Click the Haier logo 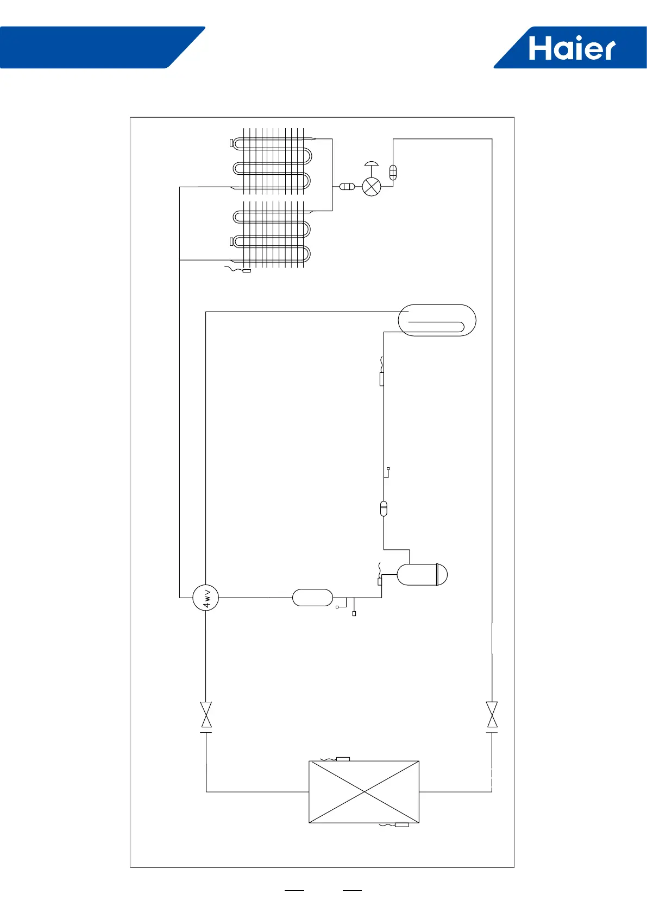[x=571, y=48]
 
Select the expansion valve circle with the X [x=372, y=187]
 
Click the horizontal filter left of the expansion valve [x=347, y=187]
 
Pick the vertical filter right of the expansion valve [x=393, y=173]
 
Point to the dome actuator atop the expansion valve [x=372, y=164]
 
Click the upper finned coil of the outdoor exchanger [x=272, y=162]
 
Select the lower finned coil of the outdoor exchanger [x=272, y=234]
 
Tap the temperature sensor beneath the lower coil [x=246, y=271]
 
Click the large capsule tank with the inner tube [x=437, y=320]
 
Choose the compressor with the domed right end [x=422, y=575]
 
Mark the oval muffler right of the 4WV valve [x=312, y=598]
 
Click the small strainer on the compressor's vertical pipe [x=384, y=509]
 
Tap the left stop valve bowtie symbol [x=206, y=714]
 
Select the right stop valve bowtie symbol [x=492, y=714]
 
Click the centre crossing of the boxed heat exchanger [x=364, y=792]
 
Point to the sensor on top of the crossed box [x=342, y=759]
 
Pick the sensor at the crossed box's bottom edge [x=401, y=826]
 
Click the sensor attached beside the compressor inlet [x=380, y=582]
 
